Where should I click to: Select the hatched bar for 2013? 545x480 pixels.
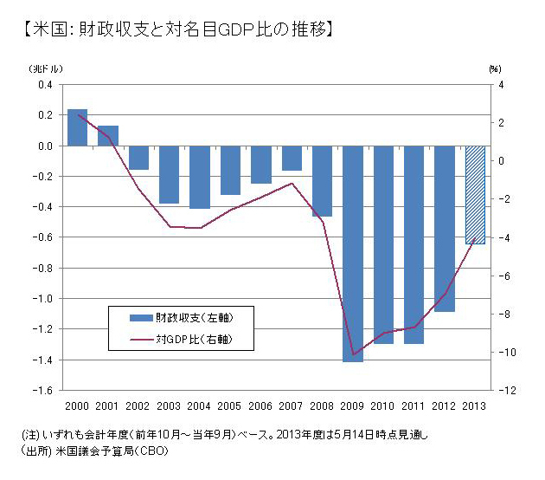pos(475,195)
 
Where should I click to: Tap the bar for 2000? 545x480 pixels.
pos(77,127)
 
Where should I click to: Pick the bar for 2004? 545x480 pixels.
pos(200,177)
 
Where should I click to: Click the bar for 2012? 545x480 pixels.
pos(445,229)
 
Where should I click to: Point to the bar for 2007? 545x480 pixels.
pos(292,158)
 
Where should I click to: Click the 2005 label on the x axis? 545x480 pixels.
pos(230,405)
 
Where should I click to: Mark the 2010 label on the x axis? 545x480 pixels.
pos(383,405)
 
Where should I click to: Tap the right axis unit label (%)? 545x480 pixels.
pos(496,68)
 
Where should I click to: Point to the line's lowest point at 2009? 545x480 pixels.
pos(353,354)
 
